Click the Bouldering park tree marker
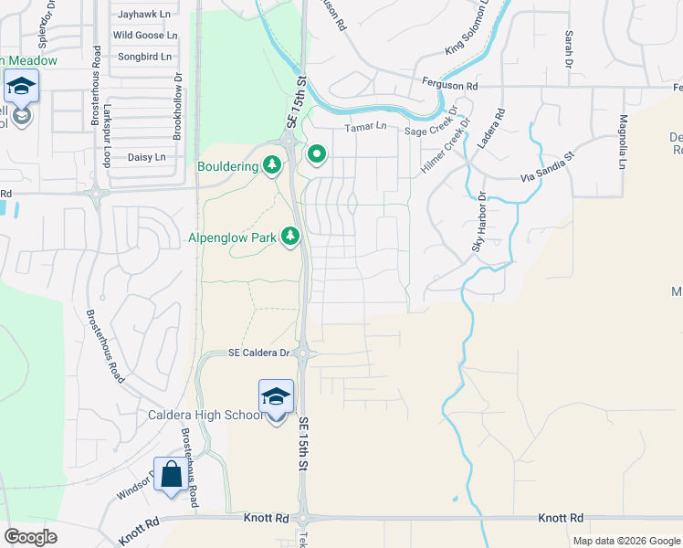271,165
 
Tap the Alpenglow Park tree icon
290,237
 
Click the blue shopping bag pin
171,476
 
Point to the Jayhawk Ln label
145,15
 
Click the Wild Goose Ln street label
144,36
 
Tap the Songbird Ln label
144,57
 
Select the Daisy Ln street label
146,157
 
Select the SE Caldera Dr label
258,353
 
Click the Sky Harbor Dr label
478,221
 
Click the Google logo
30,536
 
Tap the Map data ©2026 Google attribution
625,541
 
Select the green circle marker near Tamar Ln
317,155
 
